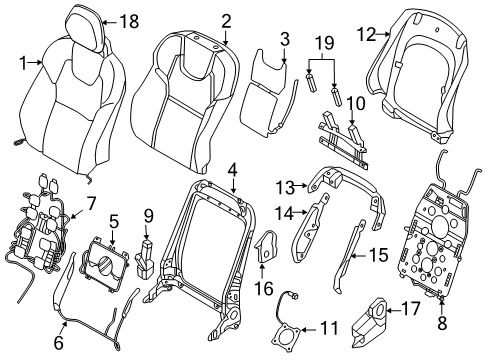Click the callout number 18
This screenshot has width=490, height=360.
129,22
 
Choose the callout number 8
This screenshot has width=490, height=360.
442,323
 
